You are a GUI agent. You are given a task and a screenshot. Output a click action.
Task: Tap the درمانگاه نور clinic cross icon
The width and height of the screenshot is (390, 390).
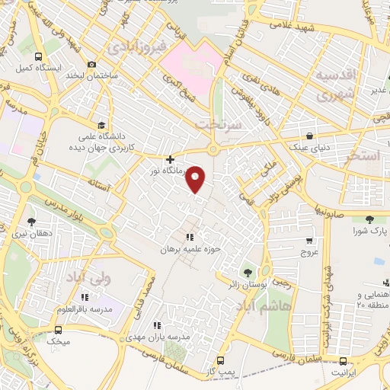click(x=169, y=160)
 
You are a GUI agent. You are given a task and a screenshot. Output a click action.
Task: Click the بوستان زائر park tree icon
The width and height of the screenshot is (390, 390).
click(x=247, y=272)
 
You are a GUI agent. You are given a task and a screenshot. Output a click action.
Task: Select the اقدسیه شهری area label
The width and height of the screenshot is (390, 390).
click(x=337, y=85)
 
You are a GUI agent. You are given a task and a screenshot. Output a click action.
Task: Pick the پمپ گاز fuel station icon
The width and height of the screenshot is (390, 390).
click(x=220, y=360)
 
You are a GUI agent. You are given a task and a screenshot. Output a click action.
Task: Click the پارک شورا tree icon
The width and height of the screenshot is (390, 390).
click(x=369, y=220)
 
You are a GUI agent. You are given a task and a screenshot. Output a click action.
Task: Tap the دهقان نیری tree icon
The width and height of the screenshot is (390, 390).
click(x=31, y=222)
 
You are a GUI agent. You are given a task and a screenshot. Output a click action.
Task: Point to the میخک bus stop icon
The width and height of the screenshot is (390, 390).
click(x=59, y=330)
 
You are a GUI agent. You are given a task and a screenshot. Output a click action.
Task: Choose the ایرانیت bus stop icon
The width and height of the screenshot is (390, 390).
click(x=344, y=361)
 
